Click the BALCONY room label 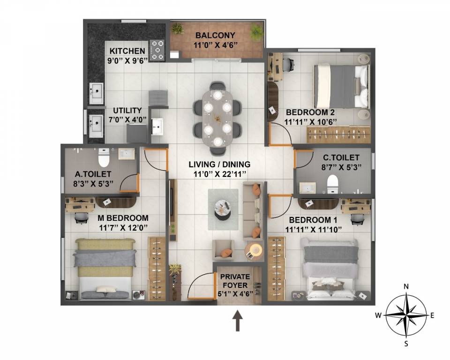215,36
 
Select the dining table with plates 218,118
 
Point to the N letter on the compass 407,286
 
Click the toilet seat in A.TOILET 104,159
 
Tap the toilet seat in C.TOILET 332,184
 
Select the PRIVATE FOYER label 235,281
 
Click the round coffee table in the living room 223,208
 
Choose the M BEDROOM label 123,218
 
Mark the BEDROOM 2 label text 310,112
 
